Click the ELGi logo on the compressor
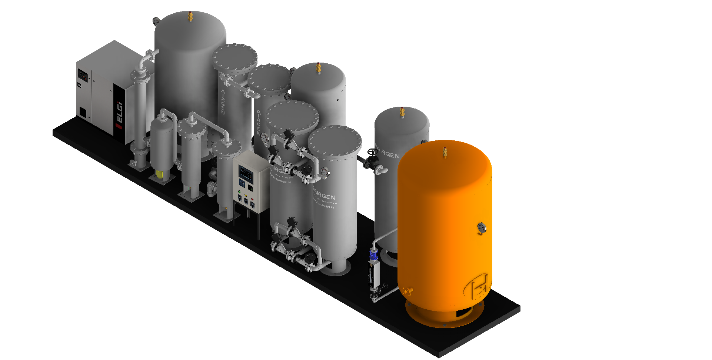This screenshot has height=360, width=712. point(119,113)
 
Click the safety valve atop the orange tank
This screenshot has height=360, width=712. point(445,152)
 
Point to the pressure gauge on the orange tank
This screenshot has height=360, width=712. point(481,228)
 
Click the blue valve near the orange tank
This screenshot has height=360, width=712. point(374,254)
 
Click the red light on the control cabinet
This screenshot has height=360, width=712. point(252,199)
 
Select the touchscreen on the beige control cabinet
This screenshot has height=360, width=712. point(246,174)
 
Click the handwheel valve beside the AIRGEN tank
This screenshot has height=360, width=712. point(373,152)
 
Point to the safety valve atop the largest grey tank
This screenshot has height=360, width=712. point(190,16)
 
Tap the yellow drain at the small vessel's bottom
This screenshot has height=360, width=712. point(160,174)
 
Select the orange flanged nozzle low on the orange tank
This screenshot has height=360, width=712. point(408,292)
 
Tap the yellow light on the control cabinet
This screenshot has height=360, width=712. point(246,195)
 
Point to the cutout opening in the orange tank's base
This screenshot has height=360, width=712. point(462,314)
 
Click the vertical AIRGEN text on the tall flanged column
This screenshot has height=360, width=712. point(223,101)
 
